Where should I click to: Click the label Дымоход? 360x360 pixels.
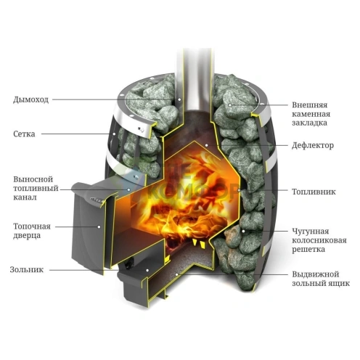click(31, 99)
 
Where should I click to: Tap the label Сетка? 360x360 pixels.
click(24, 134)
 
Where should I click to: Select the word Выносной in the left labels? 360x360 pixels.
click(33, 179)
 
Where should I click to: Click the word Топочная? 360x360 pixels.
click(32, 226)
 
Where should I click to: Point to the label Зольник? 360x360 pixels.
click(27, 269)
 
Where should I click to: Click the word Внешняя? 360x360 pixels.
click(310, 105)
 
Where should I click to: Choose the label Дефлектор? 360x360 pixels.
click(313, 145)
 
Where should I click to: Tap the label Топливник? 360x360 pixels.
click(314, 192)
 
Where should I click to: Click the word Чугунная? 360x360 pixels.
click(311, 232)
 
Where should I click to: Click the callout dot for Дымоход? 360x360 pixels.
click(179, 99)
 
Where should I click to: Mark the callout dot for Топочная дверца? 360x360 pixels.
click(99, 226)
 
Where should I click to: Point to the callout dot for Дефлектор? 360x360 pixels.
click(206, 145)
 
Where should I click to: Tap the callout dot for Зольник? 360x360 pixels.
click(147, 270)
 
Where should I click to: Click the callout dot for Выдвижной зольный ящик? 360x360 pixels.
click(177, 274)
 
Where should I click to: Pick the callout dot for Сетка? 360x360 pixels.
click(114, 134)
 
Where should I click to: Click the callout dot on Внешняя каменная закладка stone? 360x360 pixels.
click(230, 105)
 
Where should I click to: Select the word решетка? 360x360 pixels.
click(308, 250)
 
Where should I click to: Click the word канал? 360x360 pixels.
click(25, 197)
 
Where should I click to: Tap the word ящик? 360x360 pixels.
click(339, 283)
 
